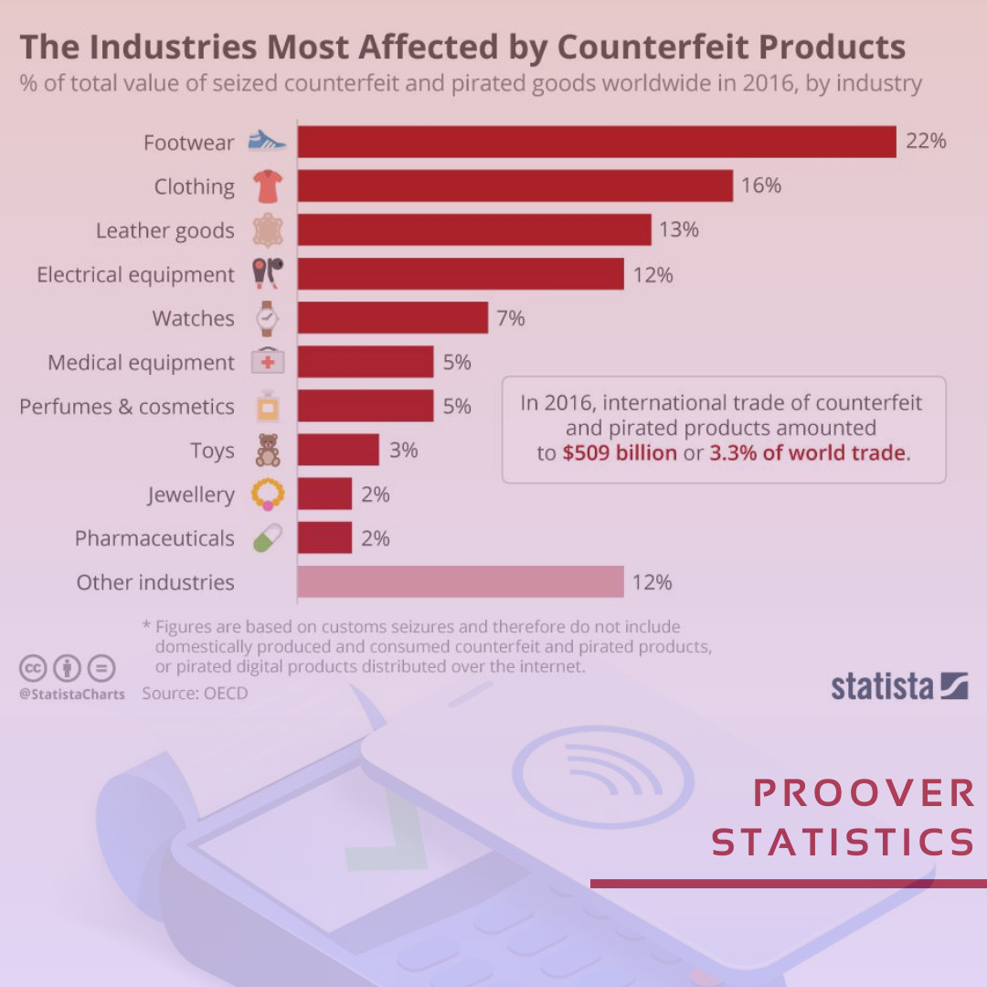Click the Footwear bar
[596, 142]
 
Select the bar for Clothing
[515, 186]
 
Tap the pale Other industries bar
[460, 581]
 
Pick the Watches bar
[392, 318]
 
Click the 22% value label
[926, 142]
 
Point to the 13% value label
[678, 229]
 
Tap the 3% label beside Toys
[403, 450]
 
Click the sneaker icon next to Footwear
[268, 142]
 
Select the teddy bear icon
[268, 451]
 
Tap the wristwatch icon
[268, 318]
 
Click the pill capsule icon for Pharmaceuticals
[268, 538]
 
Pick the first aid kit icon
[268, 362]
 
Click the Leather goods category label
[164, 230]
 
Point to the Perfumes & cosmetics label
[127, 406]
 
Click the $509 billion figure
[620, 453]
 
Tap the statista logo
[899, 686]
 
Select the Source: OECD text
[195, 694]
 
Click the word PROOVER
[864, 793]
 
